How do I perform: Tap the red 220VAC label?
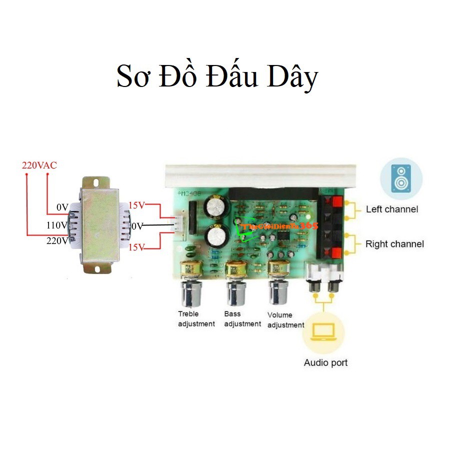point(39,165)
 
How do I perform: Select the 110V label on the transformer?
point(56,225)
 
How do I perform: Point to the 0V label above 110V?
point(62,207)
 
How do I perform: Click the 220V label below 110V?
point(56,240)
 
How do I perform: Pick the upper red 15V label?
point(136,205)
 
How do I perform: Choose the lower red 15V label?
point(136,247)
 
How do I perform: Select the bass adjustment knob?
point(235,292)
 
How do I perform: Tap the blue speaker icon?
point(401,178)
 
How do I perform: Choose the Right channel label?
point(394,244)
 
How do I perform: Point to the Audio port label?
point(325,362)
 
